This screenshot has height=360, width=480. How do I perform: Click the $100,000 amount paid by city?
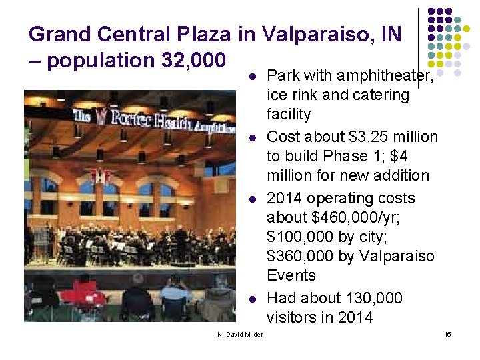299,237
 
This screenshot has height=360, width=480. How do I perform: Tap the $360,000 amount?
299,257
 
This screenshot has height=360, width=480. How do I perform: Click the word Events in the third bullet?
291,275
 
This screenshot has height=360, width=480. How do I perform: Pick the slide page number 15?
448,334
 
